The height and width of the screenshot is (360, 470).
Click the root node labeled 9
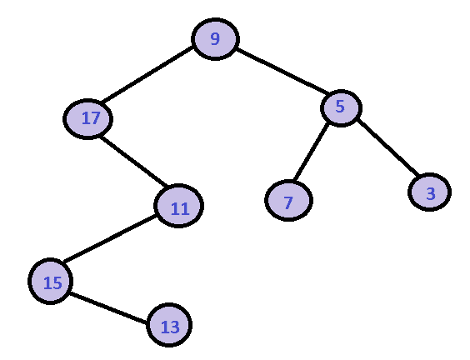[x=215, y=39]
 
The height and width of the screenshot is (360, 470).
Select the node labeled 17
[x=87, y=119]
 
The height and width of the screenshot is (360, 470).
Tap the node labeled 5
[x=341, y=107]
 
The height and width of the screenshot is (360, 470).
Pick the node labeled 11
[x=178, y=206]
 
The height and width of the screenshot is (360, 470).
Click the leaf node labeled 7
[x=288, y=200]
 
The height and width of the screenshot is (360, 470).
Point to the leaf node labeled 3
[x=429, y=192]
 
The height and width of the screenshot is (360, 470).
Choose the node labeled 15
[x=50, y=281]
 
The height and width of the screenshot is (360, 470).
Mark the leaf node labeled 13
[x=169, y=325]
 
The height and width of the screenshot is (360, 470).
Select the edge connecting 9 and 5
[x=282, y=71]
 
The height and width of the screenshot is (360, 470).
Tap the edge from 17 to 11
[x=133, y=162]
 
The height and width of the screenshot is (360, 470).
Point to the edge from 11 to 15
[x=110, y=238]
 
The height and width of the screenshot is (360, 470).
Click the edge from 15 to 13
[x=108, y=307]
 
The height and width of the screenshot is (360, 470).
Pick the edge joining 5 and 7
[x=312, y=152]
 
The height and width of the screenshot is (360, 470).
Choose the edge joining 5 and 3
[x=387, y=147]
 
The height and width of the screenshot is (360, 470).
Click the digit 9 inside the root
[x=215, y=38]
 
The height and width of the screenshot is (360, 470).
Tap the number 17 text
[x=91, y=118]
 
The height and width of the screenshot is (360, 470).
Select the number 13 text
[x=171, y=327]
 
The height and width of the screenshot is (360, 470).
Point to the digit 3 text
[x=431, y=193]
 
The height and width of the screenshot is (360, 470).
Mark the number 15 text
[x=52, y=282]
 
